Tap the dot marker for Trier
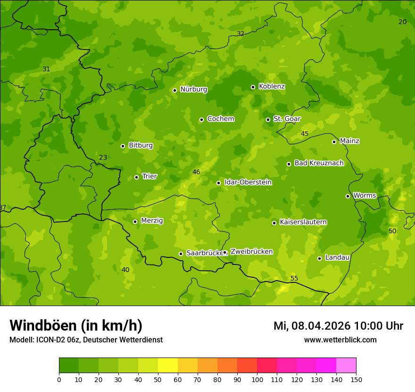click(136, 177)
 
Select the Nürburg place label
click(193, 89)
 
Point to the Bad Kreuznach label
click(319, 163)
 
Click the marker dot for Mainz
click(334, 142)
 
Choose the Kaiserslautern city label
click(303, 222)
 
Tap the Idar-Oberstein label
click(248, 182)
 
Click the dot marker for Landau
click(319, 258)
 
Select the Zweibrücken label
click(251, 252)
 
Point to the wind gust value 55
click(294, 278)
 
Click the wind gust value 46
click(196, 172)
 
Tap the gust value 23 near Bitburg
click(103, 157)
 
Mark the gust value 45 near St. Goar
click(305, 134)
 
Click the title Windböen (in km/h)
click(76, 325)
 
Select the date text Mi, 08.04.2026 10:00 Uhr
click(338, 326)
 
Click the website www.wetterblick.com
click(340, 340)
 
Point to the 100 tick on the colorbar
click(257, 379)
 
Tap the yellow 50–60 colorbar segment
click(168, 366)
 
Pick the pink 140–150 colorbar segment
click(346, 366)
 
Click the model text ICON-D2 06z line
click(86, 340)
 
